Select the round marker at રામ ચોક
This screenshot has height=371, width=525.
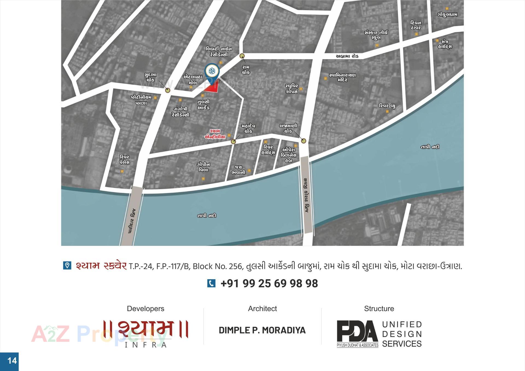coord(242,56)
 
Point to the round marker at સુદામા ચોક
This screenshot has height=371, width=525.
coord(168,90)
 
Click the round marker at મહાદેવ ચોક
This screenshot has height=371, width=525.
coord(233,142)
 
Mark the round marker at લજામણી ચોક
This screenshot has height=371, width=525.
coord(304,141)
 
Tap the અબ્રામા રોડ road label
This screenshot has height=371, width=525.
coord(347,56)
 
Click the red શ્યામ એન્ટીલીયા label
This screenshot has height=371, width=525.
coord(215,134)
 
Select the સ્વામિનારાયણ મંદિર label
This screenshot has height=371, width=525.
coord(342,77)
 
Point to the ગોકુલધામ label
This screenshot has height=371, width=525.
coord(447,15)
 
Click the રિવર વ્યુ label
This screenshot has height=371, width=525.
coord(387,106)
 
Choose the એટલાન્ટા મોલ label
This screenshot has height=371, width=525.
coord(192,80)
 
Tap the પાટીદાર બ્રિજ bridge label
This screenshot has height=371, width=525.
coord(132,221)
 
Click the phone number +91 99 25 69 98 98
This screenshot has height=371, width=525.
coord(269,284)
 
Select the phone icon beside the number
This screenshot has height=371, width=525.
coord(211,283)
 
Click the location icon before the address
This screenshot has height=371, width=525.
coord(67,266)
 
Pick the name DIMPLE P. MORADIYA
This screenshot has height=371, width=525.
coord(262,330)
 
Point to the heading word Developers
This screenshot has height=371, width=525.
coord(145,309)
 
